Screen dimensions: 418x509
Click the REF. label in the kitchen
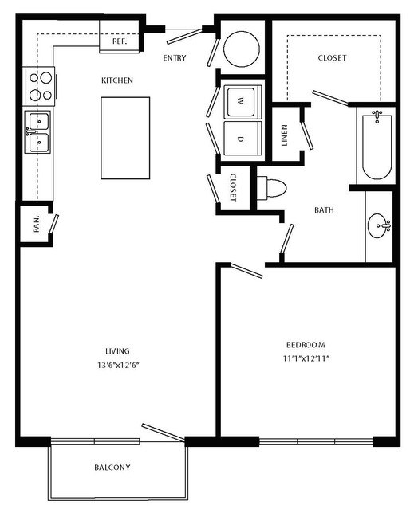coord(120,41)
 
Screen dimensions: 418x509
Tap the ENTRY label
coord(175,58)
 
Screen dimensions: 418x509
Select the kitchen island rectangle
coord(125,138)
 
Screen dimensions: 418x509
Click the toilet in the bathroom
coord(271,188)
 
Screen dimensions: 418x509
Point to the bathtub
coord(377,145)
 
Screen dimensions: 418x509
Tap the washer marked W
coord(241,102)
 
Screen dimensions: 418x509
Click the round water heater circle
coord(242,49)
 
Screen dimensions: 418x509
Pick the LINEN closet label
coord(285,135)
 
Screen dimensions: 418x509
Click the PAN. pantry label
coord(37,224)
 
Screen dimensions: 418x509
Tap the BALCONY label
coord(112,468)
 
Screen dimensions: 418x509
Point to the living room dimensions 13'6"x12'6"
coord(118,365)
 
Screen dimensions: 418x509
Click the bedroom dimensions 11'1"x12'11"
coord(306,358)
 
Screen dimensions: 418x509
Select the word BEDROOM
coord(306,344)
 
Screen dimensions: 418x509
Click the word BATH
coord(324,210)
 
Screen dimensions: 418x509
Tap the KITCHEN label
coord(117,80)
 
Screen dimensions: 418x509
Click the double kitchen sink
coord(38,131)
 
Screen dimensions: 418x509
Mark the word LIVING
coord(118,351)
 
